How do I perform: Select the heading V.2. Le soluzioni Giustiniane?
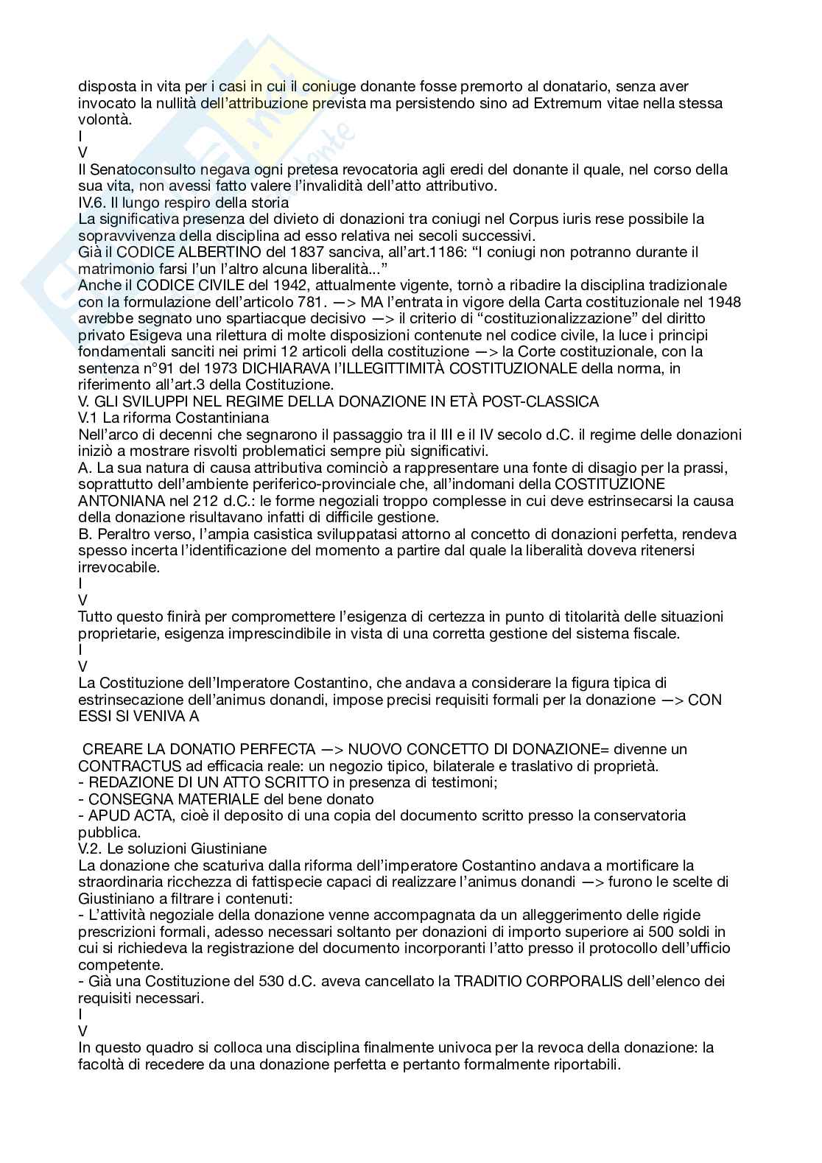[x=172, y=848]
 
